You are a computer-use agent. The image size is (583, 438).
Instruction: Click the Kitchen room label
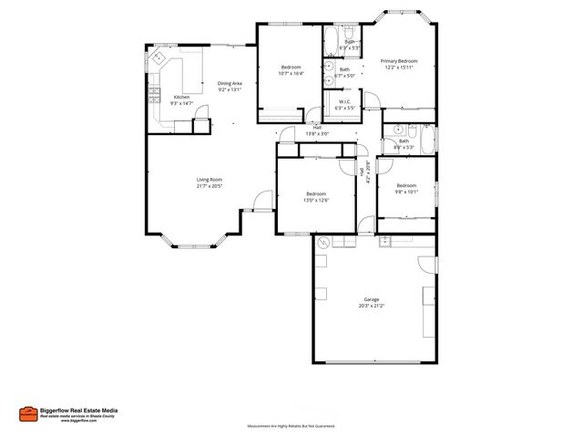182,97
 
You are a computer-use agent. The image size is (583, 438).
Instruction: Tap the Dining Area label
230,83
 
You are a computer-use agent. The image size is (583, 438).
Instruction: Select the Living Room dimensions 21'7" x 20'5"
210,185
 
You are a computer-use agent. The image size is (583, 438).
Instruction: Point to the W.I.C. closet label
345,101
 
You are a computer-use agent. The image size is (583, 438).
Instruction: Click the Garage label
371,299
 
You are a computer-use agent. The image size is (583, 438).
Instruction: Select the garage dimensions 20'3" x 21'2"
371,306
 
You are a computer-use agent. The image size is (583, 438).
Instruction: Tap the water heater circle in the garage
322,243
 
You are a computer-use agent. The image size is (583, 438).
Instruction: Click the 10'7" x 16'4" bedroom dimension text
291,73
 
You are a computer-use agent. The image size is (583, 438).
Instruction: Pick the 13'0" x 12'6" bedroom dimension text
316,199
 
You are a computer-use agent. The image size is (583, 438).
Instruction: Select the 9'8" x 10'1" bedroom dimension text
405,192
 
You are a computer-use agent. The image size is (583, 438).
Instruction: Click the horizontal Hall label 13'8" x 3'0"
316,133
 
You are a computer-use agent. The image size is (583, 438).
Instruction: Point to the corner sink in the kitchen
156,57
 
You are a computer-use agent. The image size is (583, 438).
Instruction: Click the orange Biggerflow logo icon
27,413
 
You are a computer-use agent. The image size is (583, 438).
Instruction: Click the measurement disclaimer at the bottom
291,426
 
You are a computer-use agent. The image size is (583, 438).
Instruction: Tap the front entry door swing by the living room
263,200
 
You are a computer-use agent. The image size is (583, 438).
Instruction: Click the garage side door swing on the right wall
427,266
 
